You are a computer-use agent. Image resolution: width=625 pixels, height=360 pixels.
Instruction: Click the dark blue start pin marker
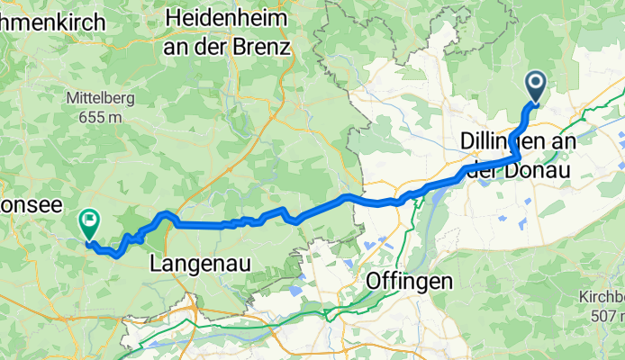[535, 87]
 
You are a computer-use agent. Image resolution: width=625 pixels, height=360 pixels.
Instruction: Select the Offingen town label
[409, 282]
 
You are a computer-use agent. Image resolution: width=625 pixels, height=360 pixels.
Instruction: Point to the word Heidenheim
[227, 18]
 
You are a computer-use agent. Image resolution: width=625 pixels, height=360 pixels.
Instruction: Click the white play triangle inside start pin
[535, 85]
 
